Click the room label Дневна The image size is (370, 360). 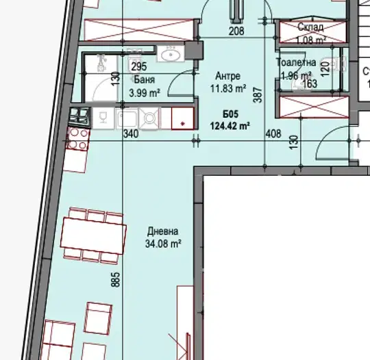pyautogui.click(x=163, y=231)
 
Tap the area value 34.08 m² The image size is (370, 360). pyautogui.click(x=163, y=244)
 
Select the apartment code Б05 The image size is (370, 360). pyautogui.click(x=230, y=114)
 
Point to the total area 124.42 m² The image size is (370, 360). pyautogui.click(x=230, y=126)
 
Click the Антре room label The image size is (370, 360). pyautogui.click(x=228, y=76)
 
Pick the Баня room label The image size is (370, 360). pyautogui.click(x=145, y=80)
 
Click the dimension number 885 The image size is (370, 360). pyautogui.click(x=115, y=280)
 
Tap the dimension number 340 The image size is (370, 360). pyautogui.click(x=131, y=134)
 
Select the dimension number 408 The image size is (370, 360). pyautogui.click(x=273, y=133)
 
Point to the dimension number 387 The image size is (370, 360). pyautogui.click(x=258, y=95)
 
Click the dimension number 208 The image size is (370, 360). pyautogui.click(x=236, y=31)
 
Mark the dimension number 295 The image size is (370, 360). pyautogui.click(x=139, y=66)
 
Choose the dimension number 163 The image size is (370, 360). pyautogui.click(x=310, y=83)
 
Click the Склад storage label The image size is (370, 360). pyautogui.click(x=310, y=27)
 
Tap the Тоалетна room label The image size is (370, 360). pyautogui.click(x=297, y=62)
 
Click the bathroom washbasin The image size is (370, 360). pyautogui.click(x=171, y=54)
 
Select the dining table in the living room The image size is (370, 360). pyautogui.click(x=93, y=235)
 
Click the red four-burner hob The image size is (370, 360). pyautogui.click(x=77, y=140)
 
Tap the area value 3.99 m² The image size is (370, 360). pyautogui.click(x=145, y=92)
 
